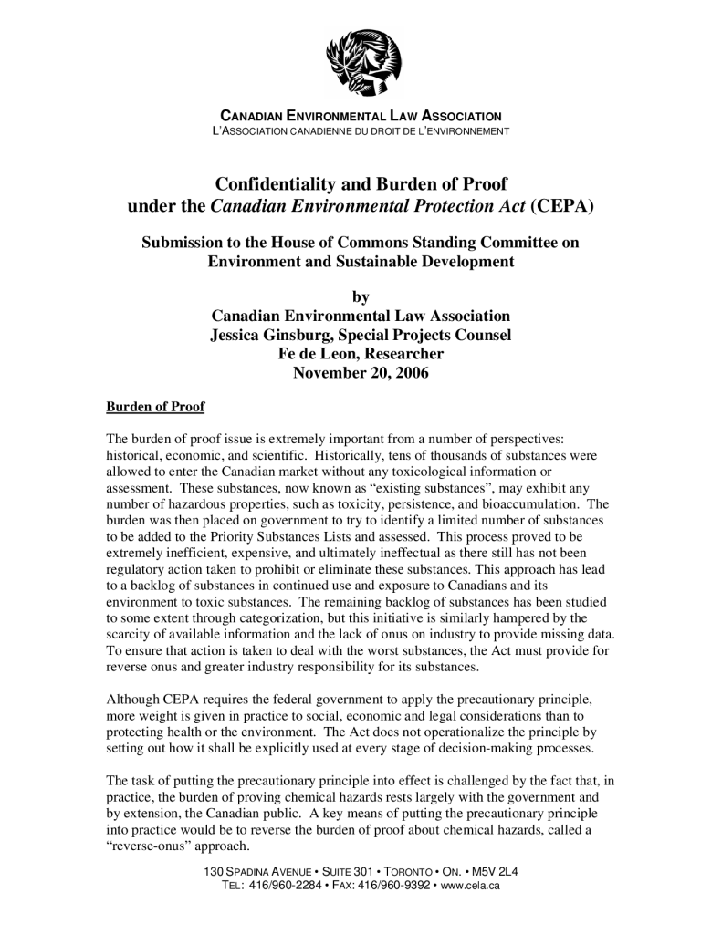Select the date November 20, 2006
coord(361,372)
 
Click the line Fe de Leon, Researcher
coord(361,353)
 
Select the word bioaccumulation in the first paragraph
coord(530,503)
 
